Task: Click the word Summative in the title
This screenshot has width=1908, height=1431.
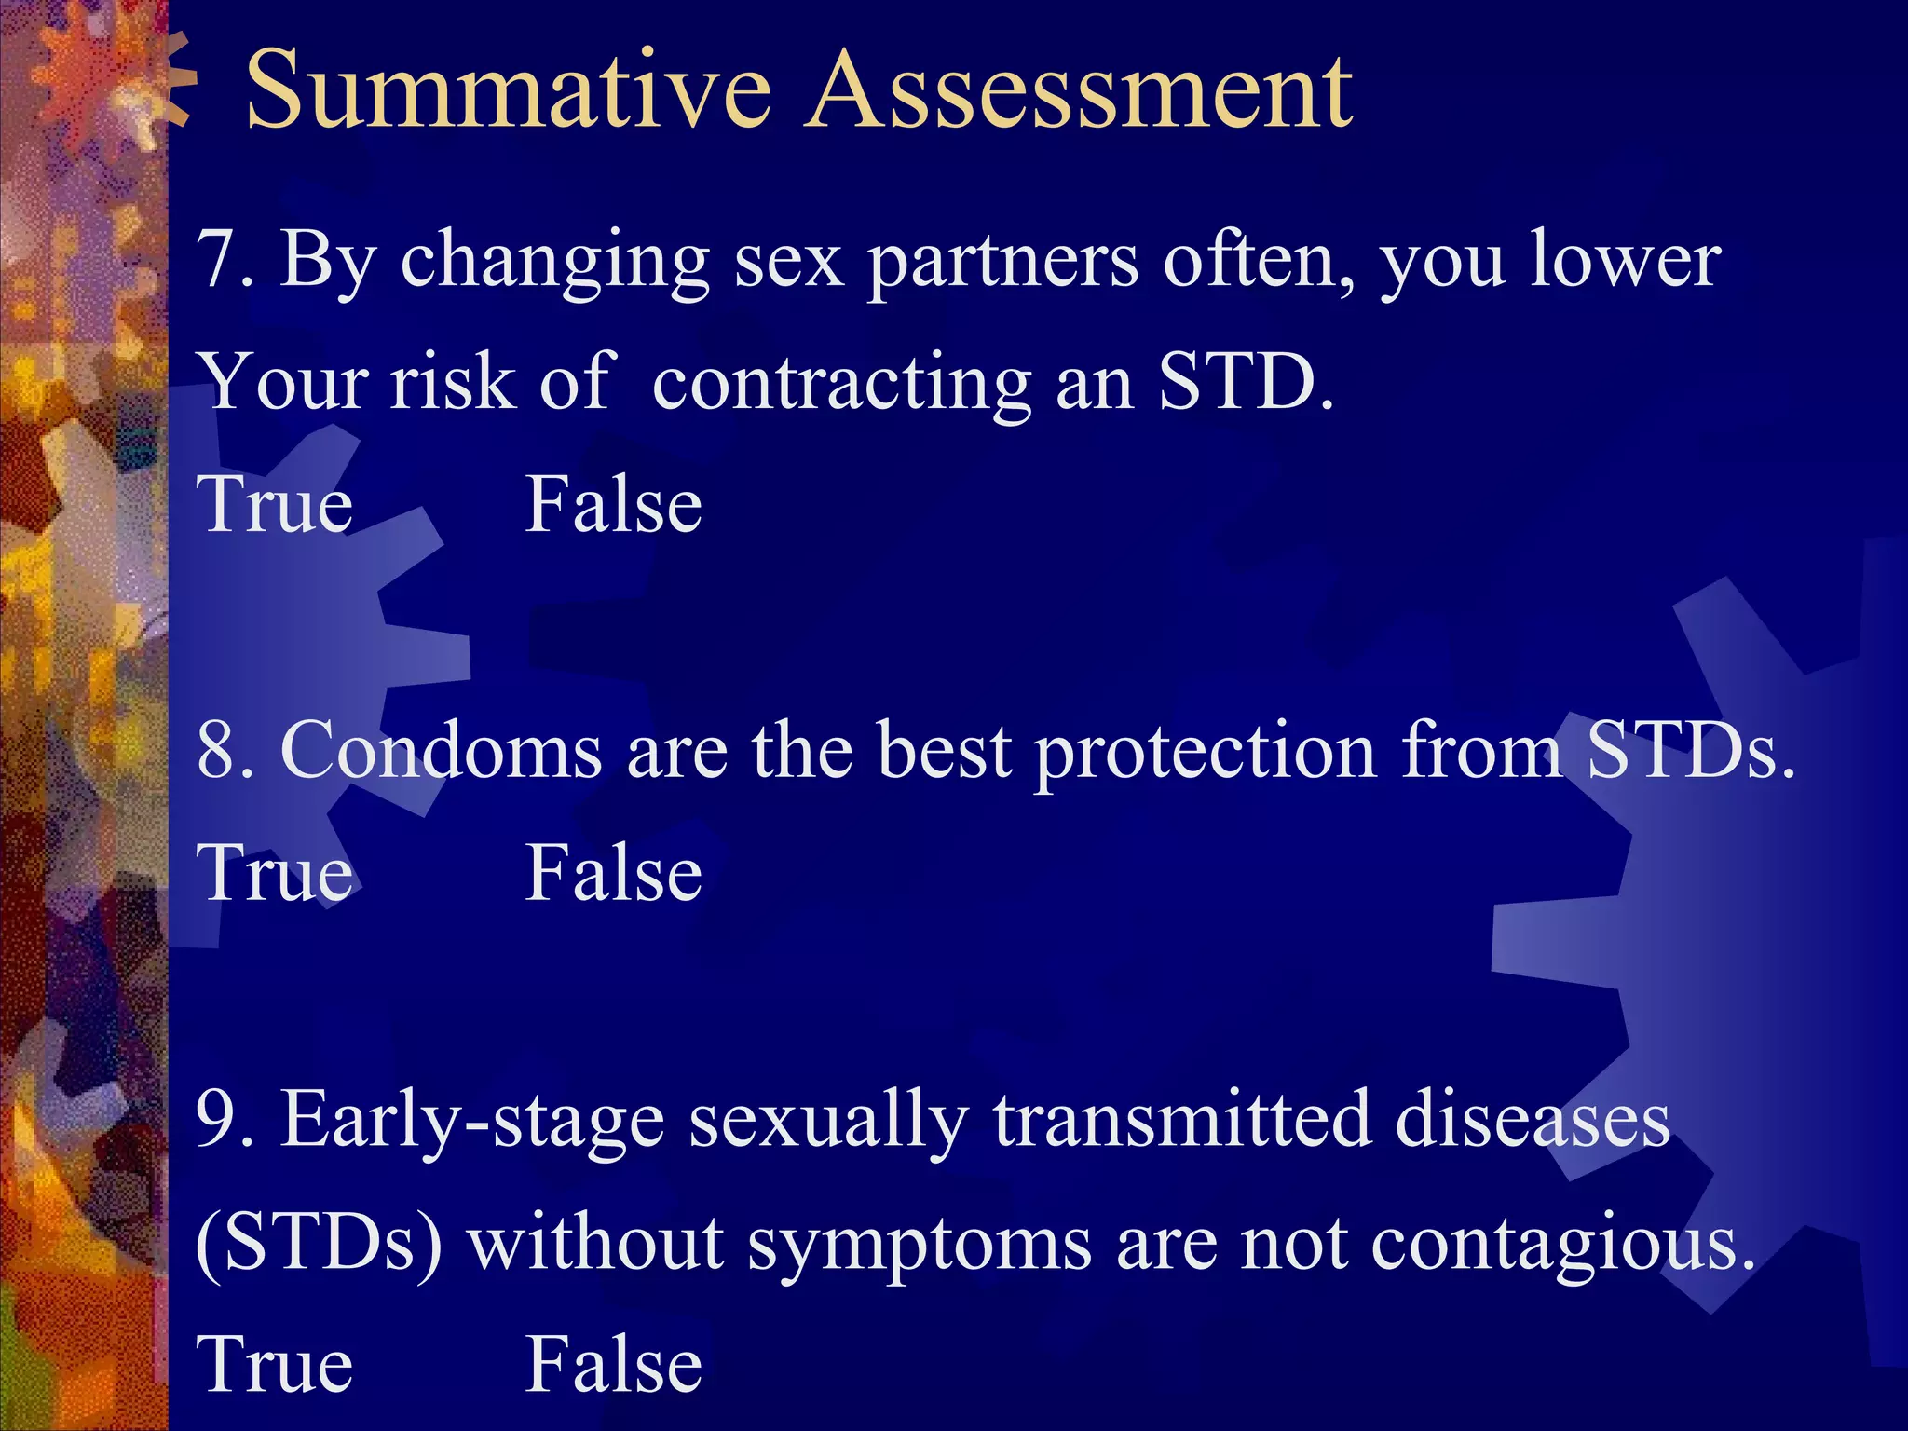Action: (508, 91)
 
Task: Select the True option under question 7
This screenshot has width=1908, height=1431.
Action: (276, 505)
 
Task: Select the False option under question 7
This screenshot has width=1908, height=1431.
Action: (613, 505)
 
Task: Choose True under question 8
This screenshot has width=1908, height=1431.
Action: (276, 873)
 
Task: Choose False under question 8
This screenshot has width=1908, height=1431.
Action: (613, 873)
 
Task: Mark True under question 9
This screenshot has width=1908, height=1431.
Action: (276, 1365)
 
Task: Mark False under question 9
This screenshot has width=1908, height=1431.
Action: (613, 1365)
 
